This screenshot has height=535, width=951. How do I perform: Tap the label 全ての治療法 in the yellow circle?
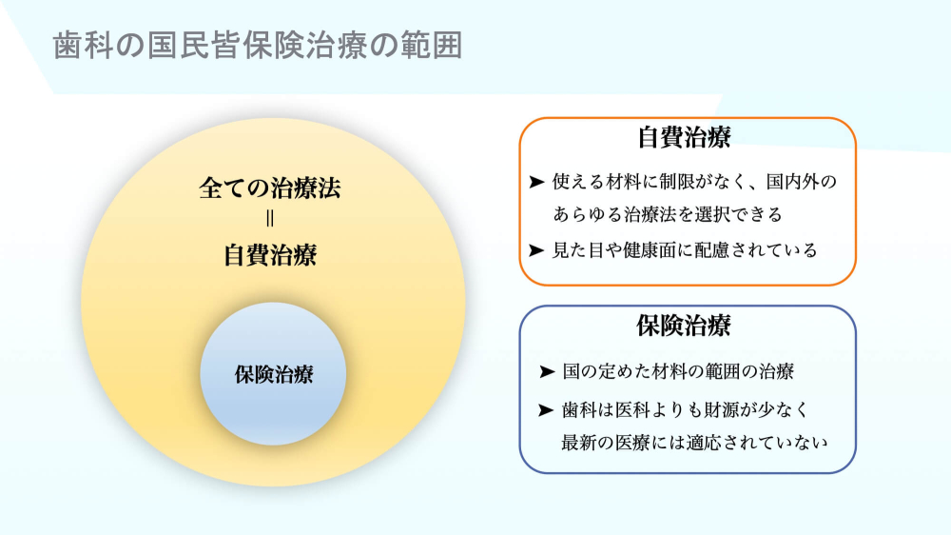(x=270, y=188)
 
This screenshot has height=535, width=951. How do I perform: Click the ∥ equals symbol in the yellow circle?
(x=270, y=221)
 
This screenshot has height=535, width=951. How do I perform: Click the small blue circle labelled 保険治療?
(x=273, y=374)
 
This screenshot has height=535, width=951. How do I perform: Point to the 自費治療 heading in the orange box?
(x=684, y=137)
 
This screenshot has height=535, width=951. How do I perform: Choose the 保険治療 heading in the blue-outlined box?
(x=684, y=326)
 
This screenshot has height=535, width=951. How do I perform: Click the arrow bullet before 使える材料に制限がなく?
(x=537, y=181)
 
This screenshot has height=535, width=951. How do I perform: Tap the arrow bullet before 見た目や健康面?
(x=537, y=250)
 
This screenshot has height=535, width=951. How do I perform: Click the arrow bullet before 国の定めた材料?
(x=546, y=371)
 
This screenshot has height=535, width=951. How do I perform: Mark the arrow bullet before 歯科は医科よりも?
(x=546, y=410)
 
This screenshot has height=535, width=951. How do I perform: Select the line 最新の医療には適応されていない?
(x=695, y=443)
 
